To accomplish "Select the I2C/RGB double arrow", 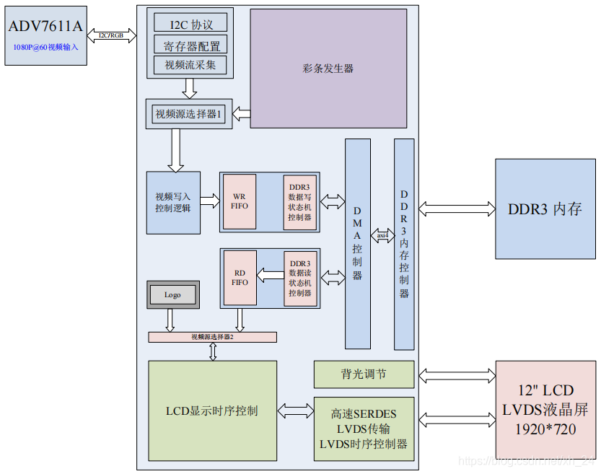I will pos(112,35).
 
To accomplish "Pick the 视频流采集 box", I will pos(190,66).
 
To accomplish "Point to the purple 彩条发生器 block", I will pos(328,69).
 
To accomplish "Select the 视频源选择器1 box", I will pos(189,114).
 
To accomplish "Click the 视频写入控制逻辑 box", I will pos(173,203).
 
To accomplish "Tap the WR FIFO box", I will pos(240,202).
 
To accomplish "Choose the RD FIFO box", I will pos(240,278).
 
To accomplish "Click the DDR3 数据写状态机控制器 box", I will pos(299,202).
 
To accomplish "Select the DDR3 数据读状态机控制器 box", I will pos(299,278).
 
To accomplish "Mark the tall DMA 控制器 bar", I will pos(358,244).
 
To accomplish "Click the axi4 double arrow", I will pos(382,235).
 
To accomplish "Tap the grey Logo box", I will pos(172,294).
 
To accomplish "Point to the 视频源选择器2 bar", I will pos(212,337).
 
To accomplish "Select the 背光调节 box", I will pos(364,374).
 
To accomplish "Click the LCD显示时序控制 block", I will pos(212,411).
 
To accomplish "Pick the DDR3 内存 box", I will pos(545,209).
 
